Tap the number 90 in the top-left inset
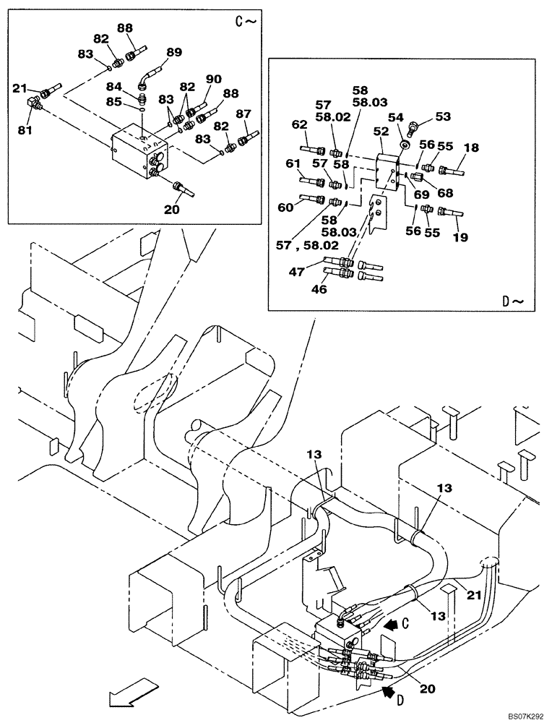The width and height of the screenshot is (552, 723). coord(214,79)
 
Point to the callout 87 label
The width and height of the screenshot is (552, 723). coord(243,114)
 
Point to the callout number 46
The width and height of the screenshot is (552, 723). coord(319,289)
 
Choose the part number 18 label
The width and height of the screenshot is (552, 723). coord(471,147)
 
